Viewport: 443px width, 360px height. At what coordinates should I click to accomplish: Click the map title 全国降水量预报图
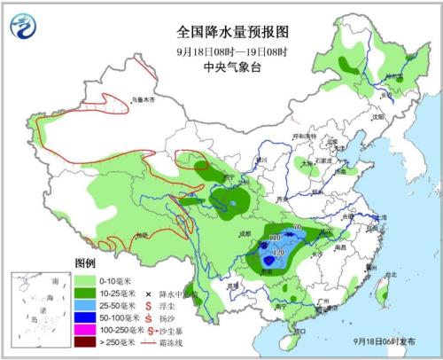pos(221,31)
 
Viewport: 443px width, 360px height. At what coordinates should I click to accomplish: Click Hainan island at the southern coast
pos(299,333)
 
